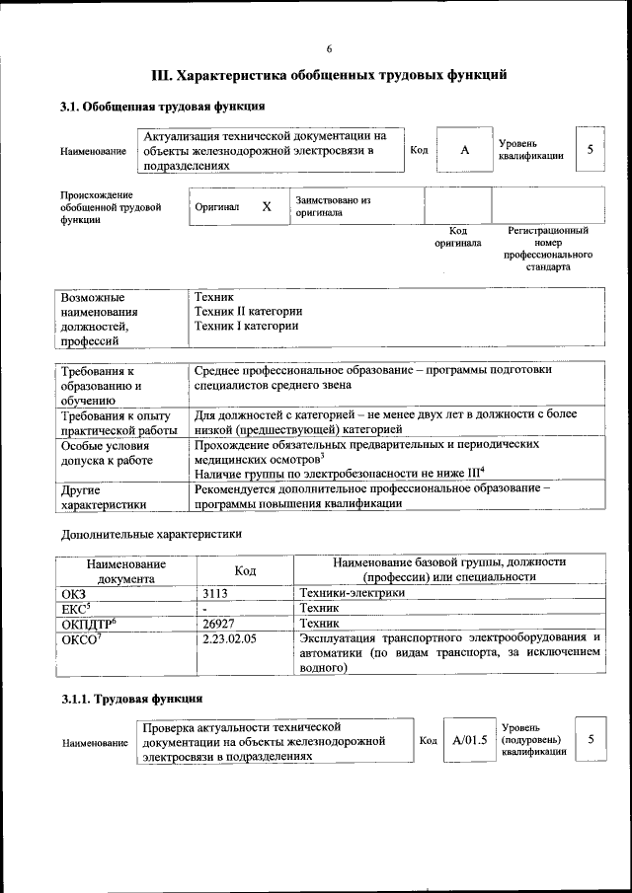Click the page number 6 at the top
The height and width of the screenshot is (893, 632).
coord(330,49)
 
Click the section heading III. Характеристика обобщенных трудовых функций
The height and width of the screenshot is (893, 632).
coord(330,75)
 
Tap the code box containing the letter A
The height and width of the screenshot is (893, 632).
coord(463,150)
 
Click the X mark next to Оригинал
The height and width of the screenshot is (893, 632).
coord(267,206)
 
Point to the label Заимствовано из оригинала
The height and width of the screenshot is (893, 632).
coord(333,205)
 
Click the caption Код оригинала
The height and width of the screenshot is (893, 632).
coord(457,236)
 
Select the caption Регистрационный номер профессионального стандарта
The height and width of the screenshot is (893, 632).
coord(547,249)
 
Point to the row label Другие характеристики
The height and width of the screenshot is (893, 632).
coord(105,496)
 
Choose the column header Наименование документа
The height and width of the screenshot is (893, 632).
coord(125,570)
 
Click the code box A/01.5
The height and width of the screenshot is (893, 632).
coord(470,740)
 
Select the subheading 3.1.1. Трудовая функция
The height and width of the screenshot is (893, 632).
coord(131,699)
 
